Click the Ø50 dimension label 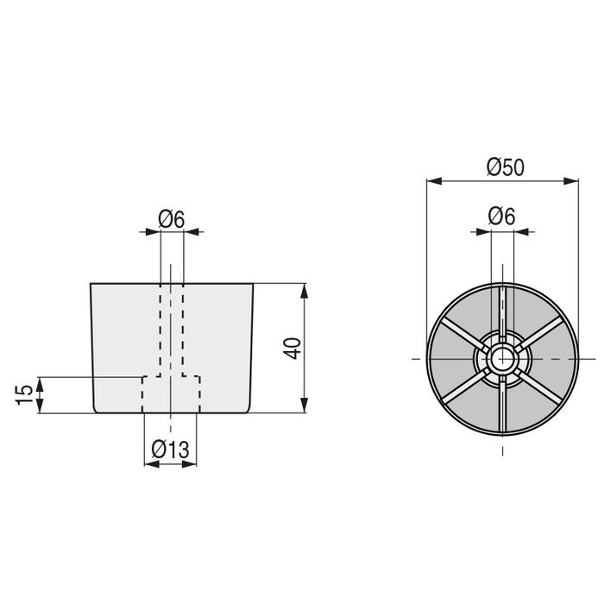pyautogui.click(x=505, y=168)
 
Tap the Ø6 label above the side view pyautogui.click(x=172, y=219)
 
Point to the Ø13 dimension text pyautogui.click(x=171, y=450)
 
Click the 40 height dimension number pyautogui.click(x=293, y=348)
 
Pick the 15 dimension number pyautogui.click(x=26, y=394)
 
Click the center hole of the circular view pyautogui.click(x=502, y=357)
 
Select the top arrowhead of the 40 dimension pyautogui.click(x=304, y=288)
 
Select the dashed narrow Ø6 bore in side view pyautogui.click(x=172, y=328)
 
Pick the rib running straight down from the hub pyautogui.click(x=502, y=406)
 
